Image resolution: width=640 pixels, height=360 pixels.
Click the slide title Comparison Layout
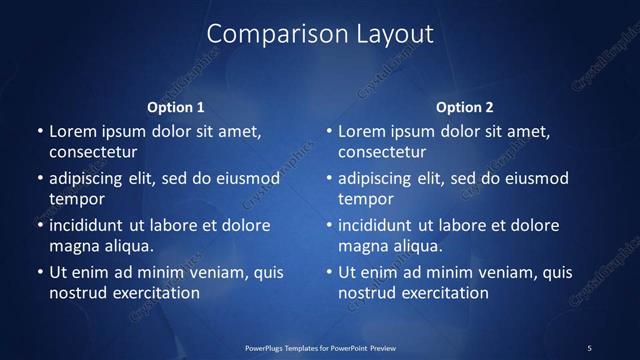tap(320, 34)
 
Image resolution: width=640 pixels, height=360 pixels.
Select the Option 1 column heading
tap(175, 107)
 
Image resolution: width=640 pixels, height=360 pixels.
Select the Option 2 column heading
tap(465, 107)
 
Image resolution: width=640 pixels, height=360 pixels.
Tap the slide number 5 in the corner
tap(589, 347)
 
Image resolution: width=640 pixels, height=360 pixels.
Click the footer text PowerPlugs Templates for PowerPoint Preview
tap(320, 347)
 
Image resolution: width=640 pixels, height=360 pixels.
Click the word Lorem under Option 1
tap(72, 131)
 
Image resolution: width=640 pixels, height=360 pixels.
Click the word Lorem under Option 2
tap(361, 131)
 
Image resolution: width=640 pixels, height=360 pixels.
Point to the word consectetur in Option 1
tap(93, 153)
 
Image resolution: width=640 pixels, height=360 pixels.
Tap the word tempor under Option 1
tap(76, 199)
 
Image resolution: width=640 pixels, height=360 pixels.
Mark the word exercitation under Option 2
tap(441, 293)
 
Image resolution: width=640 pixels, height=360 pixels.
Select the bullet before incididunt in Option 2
tap(330, 225)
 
